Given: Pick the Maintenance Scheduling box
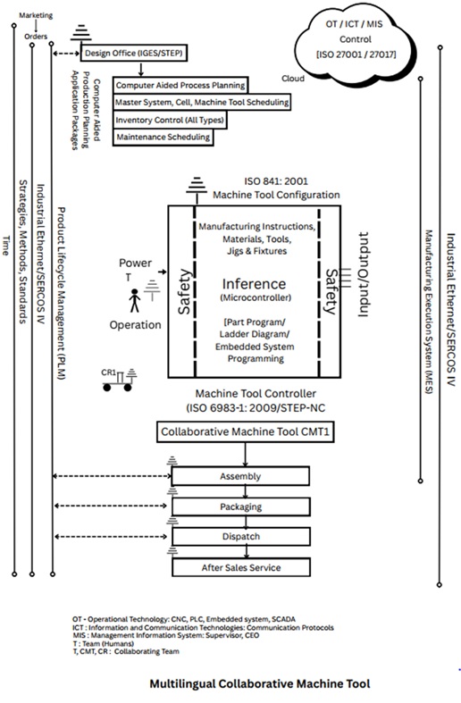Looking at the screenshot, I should click(163, 137).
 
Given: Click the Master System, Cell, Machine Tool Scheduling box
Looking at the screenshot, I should click(203, 103).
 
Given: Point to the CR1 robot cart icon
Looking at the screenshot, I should click(119, 356).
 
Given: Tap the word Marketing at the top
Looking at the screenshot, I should click(35, 15).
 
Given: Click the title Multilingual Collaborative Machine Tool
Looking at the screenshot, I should click(259, 683).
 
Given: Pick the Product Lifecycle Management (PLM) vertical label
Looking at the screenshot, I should click(61, 295).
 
